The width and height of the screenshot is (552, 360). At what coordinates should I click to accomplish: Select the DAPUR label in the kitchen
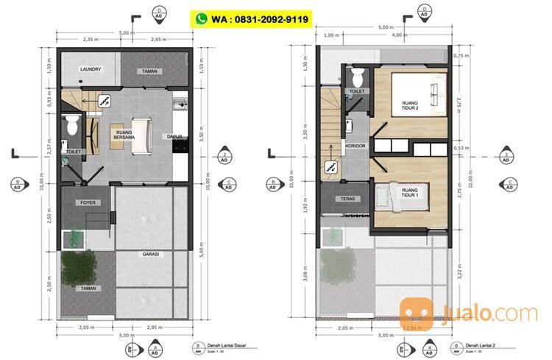(x=174, y=136)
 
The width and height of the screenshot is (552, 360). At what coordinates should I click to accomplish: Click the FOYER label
(x=88, y=201)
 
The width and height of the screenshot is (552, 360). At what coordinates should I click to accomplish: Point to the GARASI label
(x=152, y=254)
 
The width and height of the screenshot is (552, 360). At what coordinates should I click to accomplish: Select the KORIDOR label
(x=356, y=146)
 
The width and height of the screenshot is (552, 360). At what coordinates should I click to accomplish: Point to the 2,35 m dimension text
(x=91, y=40)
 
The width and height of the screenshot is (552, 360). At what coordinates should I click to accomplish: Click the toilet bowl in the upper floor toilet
(x=357, y=76)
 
